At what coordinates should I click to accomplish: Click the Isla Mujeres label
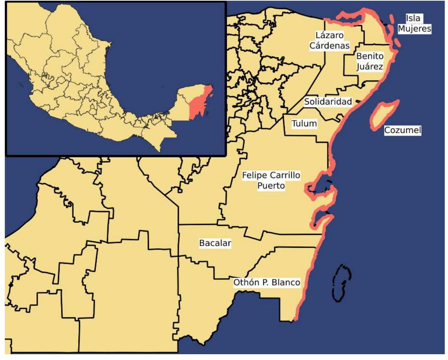point(414,24)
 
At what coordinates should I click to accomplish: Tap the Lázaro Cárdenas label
point(330,41)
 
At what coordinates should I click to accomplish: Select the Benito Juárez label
point(370,61)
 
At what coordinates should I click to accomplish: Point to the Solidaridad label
point(328,102)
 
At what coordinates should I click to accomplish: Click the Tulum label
point(304,124)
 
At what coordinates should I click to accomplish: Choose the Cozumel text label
point(402,130)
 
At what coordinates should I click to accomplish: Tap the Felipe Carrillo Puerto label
point(271,180)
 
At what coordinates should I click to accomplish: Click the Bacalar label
point(215,243)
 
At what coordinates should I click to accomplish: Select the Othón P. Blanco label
point(267,283)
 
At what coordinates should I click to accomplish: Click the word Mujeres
point(415,29)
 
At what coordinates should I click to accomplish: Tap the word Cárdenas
point(330,46)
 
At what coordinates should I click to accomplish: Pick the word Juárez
point(370,67)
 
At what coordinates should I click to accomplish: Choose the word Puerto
point(271,186)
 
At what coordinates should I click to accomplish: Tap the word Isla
point(413,18)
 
